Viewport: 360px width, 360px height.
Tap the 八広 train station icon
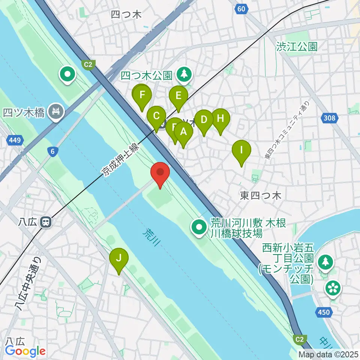(46, 222)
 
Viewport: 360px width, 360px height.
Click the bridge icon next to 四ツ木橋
(56, 112)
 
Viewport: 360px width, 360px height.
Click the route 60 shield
(243, 8)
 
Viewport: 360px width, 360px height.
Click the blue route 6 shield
(53, 151)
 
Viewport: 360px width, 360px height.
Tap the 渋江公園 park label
(297, 46)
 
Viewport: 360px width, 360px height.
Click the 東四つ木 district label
(261, 195)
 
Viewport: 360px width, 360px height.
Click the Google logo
(25, 351)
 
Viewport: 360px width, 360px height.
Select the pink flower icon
(333, 288)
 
